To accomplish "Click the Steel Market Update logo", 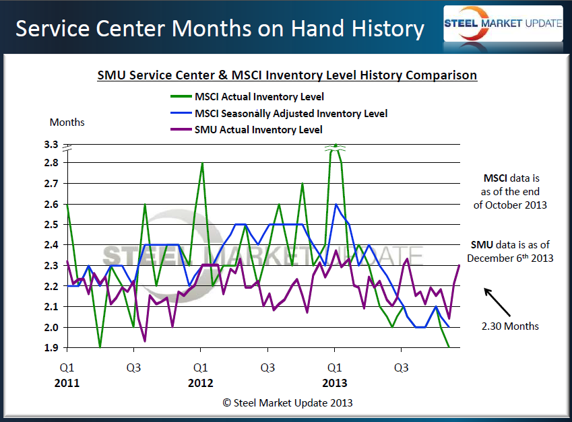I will tap(503, 24).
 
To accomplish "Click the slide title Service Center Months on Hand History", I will tap(220, 29).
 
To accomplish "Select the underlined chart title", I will tap(287, 75).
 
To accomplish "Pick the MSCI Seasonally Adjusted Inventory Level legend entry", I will tap(290, 114).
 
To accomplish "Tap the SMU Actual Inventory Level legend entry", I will tap(258, 129).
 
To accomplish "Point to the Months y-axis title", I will tap(67, 122).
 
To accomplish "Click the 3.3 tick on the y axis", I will tap(51, 145).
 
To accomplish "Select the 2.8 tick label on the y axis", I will tap(51, 163).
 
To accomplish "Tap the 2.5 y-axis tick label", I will tap(51, 224).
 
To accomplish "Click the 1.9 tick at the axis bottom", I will tap(51, 348).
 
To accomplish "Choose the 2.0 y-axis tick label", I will tap(51, 327).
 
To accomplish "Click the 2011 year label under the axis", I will tap(67, 384).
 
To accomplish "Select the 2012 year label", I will tap(201, 384).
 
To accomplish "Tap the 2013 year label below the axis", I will tap(334, 384).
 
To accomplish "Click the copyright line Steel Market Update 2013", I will tap(288, 402).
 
